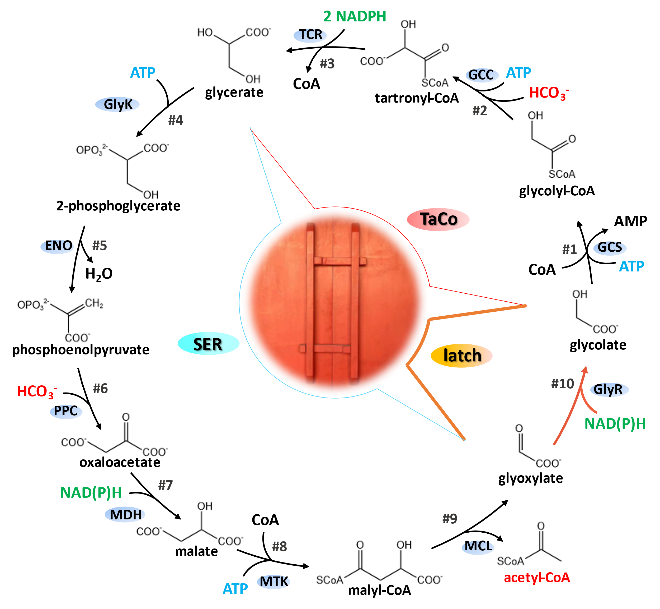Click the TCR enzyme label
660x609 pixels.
[x=310, y=35]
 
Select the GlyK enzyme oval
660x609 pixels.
[x=117, y=104]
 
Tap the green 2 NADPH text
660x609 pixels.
[x=355, y=16]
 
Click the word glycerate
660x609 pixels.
[x=234, y=93]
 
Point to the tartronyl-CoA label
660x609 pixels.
[x=417, y=98]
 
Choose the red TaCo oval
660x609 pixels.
[x=438, y=219]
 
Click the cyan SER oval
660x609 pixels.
[x=208, y=343]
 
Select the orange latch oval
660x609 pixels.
[x=461, y=356]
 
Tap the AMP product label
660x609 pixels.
[x=630, y=221]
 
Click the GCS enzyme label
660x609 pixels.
[x=610, y=247]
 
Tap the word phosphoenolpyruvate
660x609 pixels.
[x=81, y=350]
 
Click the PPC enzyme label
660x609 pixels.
[x=66, y=411]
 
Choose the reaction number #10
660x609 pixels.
[x=563, y=384]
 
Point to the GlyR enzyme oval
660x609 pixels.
[x=609, y=390]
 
